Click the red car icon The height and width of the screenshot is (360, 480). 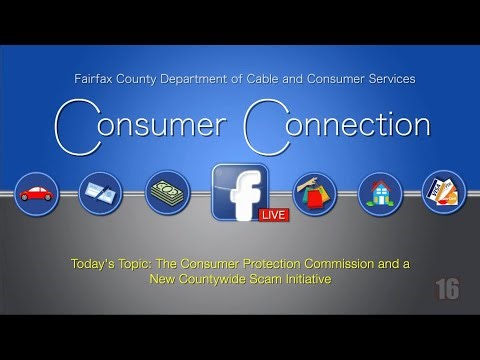tap(38, 193)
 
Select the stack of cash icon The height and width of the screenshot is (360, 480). tap(167, 193)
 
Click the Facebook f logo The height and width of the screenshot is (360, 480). tap(239, 191)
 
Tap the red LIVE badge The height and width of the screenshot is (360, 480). tap(273, 214)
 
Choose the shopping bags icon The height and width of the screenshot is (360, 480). tap(314, 193)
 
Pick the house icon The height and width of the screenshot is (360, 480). tap(380, 193)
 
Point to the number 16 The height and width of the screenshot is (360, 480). tap(447, 289)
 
